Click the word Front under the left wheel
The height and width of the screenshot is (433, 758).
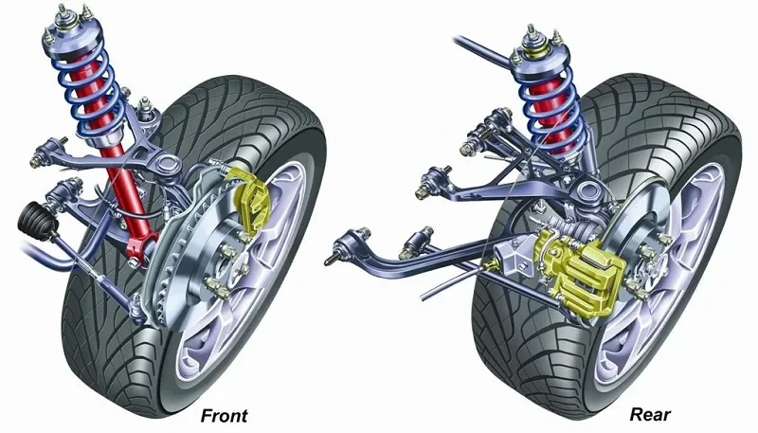(x=224, y=415)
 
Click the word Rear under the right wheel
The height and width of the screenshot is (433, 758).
(x=650, y=415)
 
